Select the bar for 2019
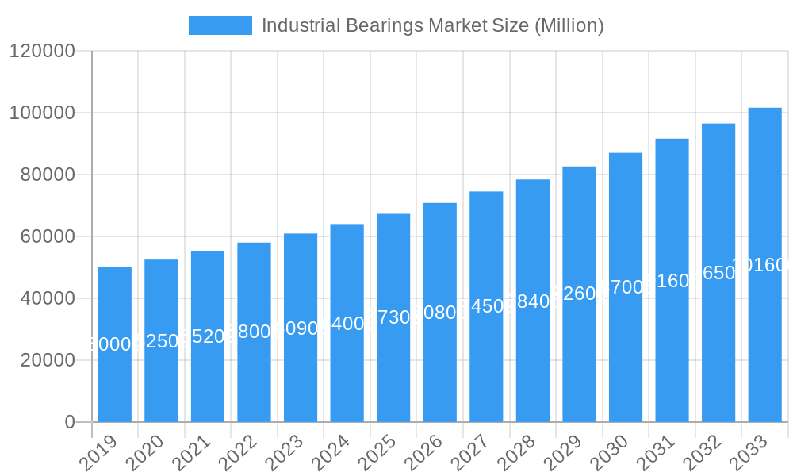(115, 344)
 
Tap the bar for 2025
(393, 317)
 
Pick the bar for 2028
(533, 301)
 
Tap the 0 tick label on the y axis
(70, 422)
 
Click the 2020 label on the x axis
(145, 453)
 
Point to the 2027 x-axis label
(470, 453)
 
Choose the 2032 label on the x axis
(703, 453)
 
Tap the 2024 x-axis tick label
(331, 453)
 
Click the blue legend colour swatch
(220, 25)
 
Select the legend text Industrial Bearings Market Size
(433, 25)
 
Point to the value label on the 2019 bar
(115, 344)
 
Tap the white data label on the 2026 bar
(440, 313)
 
